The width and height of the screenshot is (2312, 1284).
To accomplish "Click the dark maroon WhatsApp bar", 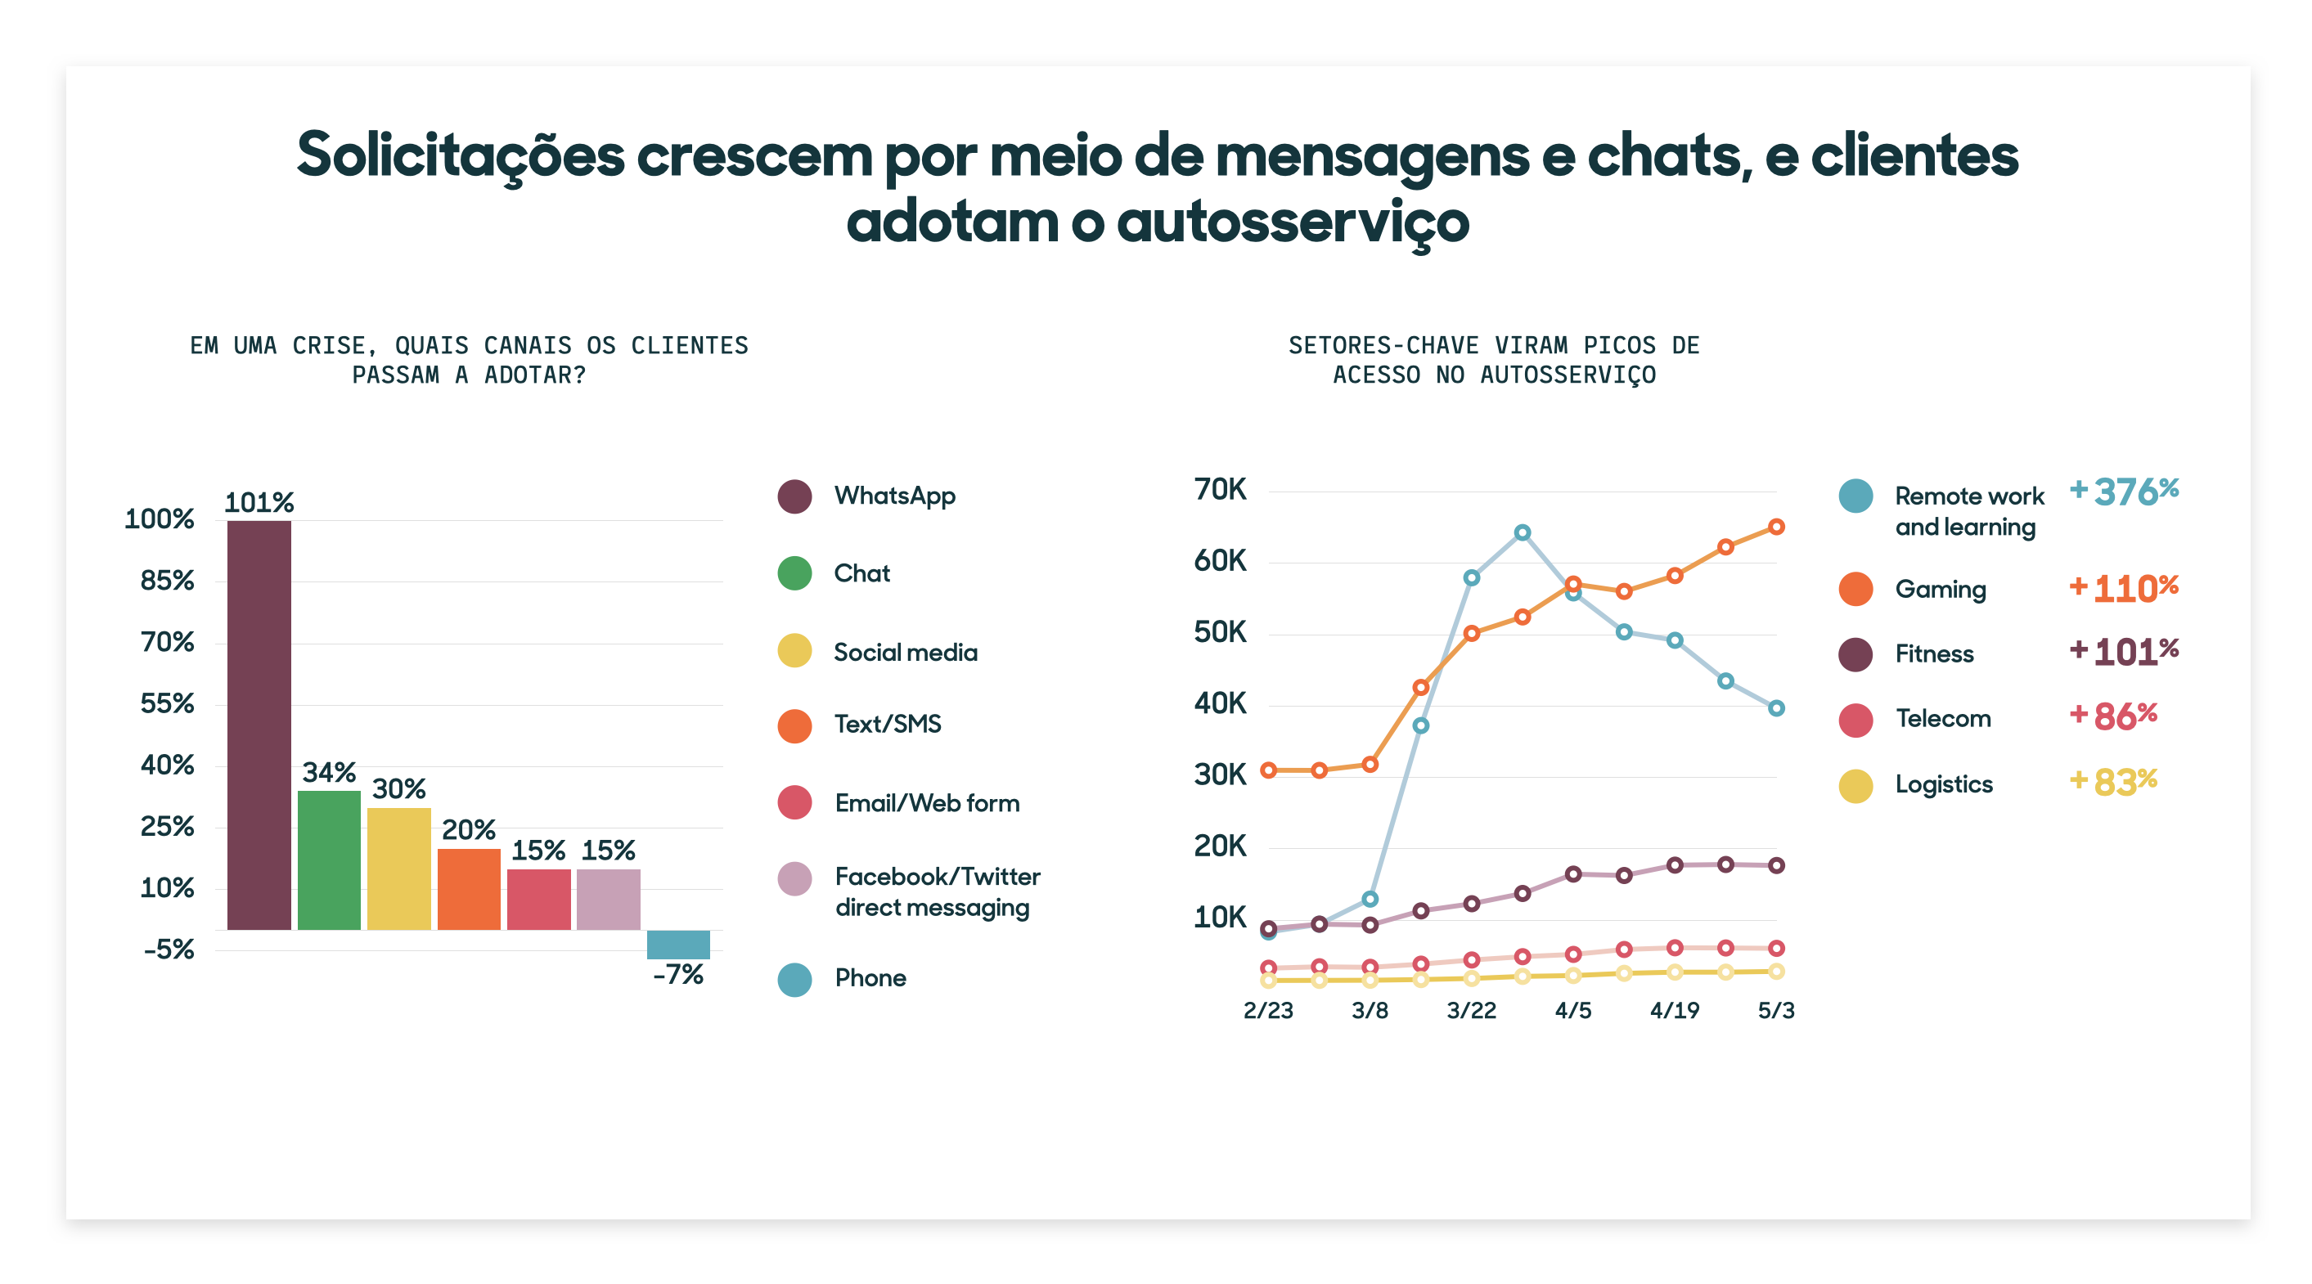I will pyautogui.click(x=259, y=724).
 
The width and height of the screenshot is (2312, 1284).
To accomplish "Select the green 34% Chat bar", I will pyautogui.click(x=329, y=860).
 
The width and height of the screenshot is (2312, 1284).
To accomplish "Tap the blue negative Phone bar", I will pyautogui.click(x=677, y=944).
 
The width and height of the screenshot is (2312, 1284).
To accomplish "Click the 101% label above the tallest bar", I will pyautogui.click(x=259, y=502).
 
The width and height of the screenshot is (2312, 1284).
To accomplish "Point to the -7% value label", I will pyautogui.click(x=677, y=974).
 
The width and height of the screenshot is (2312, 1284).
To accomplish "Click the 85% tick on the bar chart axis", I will pyautogui.click(x=167, y=581).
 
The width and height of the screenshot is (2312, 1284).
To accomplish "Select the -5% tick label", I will pyautogui.click(x=169, y=950).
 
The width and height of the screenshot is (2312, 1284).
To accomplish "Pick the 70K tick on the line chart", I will pyautogui.click(x=1220, y=490).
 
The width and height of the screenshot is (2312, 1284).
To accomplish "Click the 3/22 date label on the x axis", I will pyautogui.click(x=1471, y=1010).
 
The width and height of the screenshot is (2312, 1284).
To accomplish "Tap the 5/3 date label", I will pyautogui.click(x=1775, y=1010).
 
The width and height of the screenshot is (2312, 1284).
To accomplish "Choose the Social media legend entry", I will pyautogui.click(x=905, y=653).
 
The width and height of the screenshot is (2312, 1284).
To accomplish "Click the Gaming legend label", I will pyautogui.click(x=1940, y=590).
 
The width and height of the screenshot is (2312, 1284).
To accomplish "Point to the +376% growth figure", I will pyautogui.click(x=2124, y=492).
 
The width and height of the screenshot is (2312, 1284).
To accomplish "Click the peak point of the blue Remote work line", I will pyautogui.click(x=1523, y=533).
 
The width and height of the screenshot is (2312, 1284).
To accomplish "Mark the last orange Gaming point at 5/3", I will pyautogui.click(x=1775, y=527).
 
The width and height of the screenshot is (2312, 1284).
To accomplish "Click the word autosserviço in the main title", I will pyautogui.click(x=1293, y=222).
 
